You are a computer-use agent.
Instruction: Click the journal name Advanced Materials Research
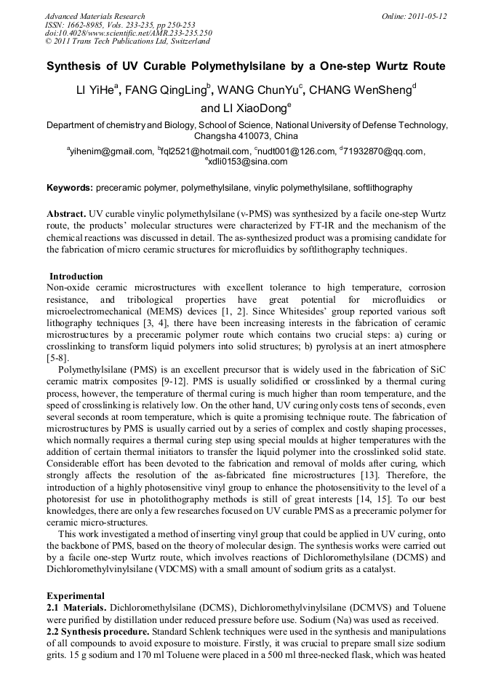coord(95,16)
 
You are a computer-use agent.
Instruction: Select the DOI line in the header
coord(128,33)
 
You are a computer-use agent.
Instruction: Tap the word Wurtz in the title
coord(393,66)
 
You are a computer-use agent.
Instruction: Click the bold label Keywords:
coord(69,188)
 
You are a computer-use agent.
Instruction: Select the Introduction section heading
coord(76,277)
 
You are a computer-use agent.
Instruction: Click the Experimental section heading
coord(75,595)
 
